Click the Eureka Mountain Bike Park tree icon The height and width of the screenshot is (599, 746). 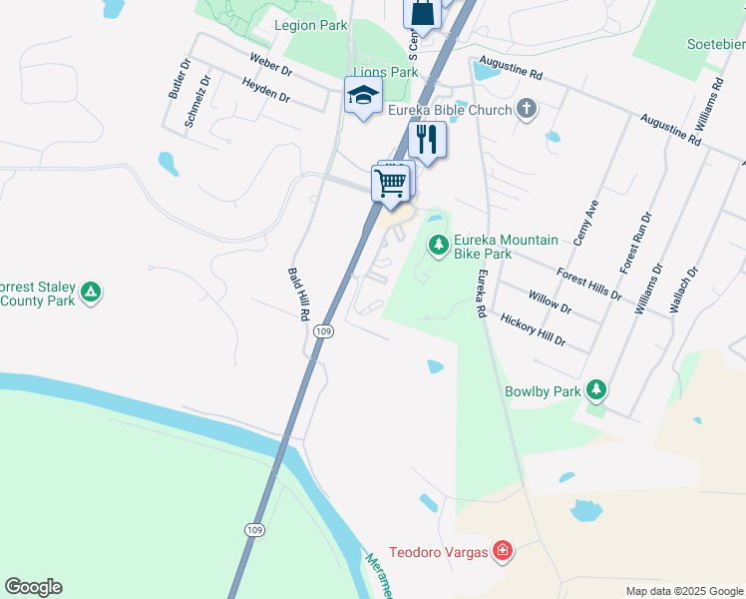click(x=438, y=245)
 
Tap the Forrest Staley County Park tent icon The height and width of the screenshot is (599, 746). click(x=91, y=293)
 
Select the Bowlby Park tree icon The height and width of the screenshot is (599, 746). click(x=596, y=389)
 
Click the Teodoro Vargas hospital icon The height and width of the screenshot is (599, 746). click(x=504, y=550)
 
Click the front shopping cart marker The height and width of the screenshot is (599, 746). click(x=390, y=183)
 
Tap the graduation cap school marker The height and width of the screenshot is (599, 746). click(x=363, y=96)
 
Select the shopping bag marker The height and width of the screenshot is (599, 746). click(x=422, y=14)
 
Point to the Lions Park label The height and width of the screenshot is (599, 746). click(x=386, y=72)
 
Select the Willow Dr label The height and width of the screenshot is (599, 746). click(x=551, y=302)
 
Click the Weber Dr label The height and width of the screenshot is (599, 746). click(x=270, y=67)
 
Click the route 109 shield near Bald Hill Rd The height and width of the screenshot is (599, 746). click(x=322, y=330)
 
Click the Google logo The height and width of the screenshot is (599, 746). click(x=33, y=587)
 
